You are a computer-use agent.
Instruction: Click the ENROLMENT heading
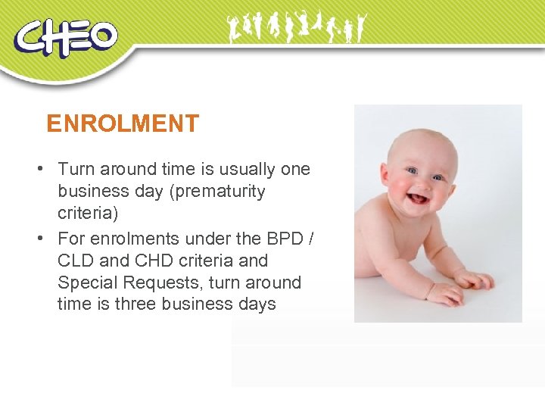(123, 123)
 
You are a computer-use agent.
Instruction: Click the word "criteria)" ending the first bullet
(88, 214)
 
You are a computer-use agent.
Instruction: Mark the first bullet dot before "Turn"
(47, 169)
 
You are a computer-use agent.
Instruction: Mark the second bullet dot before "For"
(47, 239)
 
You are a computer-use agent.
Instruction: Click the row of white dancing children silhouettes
(296, 29)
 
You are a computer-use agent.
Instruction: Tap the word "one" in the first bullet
(295, 169)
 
